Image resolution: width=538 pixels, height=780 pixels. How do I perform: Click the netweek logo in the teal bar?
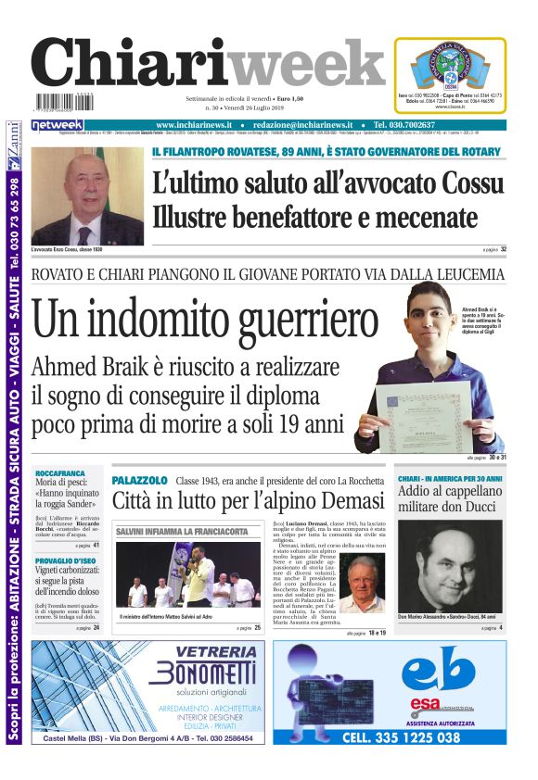pos(58,125)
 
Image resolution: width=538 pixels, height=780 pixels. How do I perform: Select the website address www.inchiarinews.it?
pos(199,125)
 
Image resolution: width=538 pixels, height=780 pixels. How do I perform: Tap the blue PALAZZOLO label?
pos(139,481)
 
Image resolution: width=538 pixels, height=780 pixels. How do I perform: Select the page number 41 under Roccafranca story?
pos(96,546)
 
